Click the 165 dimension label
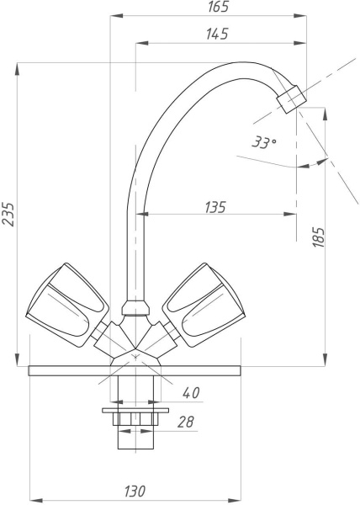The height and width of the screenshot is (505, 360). click(218, 7)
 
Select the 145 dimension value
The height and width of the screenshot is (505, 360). click(218, 34)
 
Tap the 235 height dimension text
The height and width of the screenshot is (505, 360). click(8, 215)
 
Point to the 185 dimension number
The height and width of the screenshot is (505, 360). click(319, 237)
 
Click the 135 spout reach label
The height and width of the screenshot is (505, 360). click(215, 207)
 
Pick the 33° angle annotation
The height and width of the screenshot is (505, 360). click(263, 141)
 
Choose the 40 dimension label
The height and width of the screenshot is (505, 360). click(191, 392)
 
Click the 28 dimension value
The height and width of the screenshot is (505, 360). click(186, 422)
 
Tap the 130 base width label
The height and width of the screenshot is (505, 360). click(135, 492)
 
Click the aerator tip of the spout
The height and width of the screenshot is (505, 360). click(292, 99)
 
